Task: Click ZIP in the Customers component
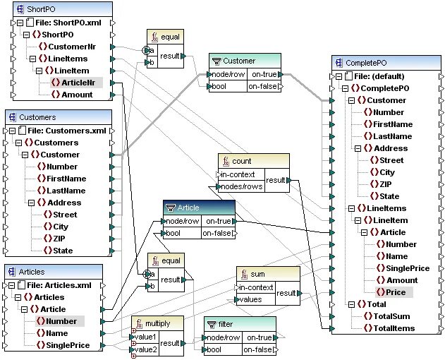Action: tap(60, 239)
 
